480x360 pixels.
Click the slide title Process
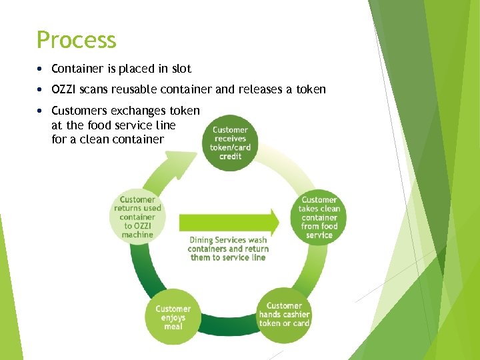77,40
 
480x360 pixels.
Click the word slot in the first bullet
181,69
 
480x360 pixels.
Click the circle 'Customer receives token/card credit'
230,143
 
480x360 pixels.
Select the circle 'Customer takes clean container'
319,217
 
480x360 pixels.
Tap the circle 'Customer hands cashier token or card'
284,315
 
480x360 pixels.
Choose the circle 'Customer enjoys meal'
173,317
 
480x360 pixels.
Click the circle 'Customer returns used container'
138,217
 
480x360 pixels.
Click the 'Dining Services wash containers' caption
228,249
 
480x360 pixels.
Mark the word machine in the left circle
138,234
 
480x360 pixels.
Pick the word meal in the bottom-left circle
173,326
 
